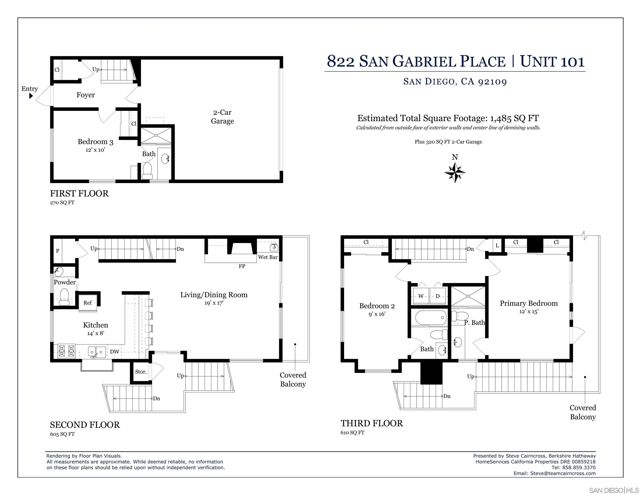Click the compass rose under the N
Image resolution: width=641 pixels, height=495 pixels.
(x=455, y=172)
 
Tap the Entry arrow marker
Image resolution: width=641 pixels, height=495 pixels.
(x=31, y=96)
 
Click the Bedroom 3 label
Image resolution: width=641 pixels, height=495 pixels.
(x=95, y=142)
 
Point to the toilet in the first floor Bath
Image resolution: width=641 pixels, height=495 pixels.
(x=147, y=171)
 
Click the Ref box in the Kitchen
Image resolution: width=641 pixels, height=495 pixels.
(x=87, y=303)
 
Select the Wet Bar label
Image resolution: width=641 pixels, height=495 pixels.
(x=268, y=257)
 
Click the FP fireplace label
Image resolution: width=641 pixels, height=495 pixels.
(x=242, y=266)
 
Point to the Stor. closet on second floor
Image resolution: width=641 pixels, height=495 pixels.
(x=141, y=372)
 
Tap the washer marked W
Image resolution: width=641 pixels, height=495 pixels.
(x=421, y=296)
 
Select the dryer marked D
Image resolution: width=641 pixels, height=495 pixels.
(x=438, y=296)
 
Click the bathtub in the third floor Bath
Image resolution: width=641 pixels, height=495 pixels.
(x=431, y=318)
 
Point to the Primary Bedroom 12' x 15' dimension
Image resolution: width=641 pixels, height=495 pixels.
(x=529, y=312)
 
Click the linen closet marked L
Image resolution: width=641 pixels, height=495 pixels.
(x=497, y=246)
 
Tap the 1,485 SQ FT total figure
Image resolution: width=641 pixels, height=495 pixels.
(x=514, y=118)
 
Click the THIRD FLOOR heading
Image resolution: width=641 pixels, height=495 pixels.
(x=372, y=423)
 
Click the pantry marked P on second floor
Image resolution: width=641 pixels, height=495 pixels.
(x=58, y=251)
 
